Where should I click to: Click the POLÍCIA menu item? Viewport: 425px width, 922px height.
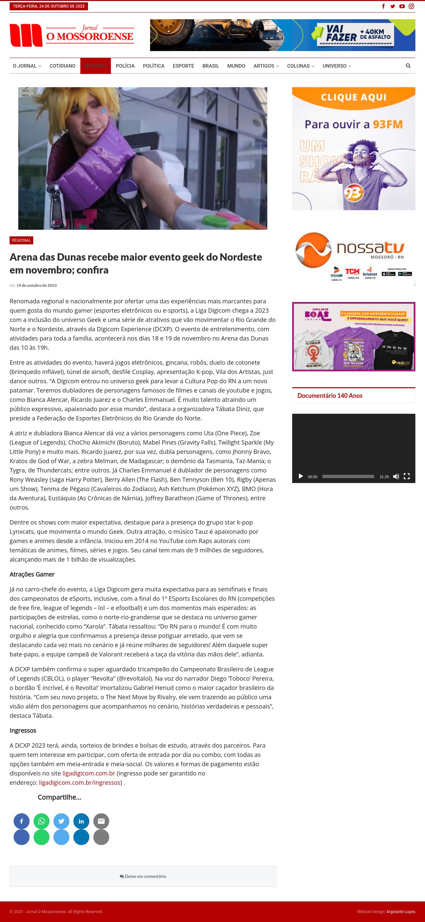pyautogui.click(x=125, y=66)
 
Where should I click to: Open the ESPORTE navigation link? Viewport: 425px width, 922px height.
pyautogui.click(x=183, y=66)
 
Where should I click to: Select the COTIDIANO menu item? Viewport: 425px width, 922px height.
pyautogui.click(x=62, y=66)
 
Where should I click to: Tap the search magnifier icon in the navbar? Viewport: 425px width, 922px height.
pyautogui.click(x=408, y=66)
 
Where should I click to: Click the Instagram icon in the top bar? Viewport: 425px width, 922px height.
pyautogui.click(x=411, y=6)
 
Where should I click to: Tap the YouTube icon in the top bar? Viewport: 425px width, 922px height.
pyautogui.click(x=402, y=6)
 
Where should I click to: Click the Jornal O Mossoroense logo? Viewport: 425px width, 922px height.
pyautogui.click(x=72, y=35)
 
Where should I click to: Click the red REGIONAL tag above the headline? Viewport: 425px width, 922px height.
pyautogui.click(x=21, y=240)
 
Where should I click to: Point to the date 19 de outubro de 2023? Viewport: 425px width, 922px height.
pyautogui.click(x=37, y=285)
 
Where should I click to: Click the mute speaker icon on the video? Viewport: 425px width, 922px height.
pyautogui.click(x=396, y=476)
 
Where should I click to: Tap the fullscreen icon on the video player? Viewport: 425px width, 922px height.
pyautogui.click(x=407, y=476)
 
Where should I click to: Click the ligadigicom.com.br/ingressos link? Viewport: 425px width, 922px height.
pyautogui.click(x=80, y=782)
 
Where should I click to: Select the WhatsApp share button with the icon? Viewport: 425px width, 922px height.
pyautogui.click(x=42, y=821)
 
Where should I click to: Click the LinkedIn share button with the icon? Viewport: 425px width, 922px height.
pyautogui.click(x=81, y=821)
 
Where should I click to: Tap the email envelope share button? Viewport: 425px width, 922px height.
pyautogui.click(x=101, y=821)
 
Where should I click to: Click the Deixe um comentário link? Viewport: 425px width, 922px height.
pyautogui.click(x=143, y=876)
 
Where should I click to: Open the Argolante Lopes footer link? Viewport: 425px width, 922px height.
pyautogui.click(x=401, y=912)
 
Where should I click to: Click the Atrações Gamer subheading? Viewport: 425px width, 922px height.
pyautogui.click(x=32, y=574)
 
